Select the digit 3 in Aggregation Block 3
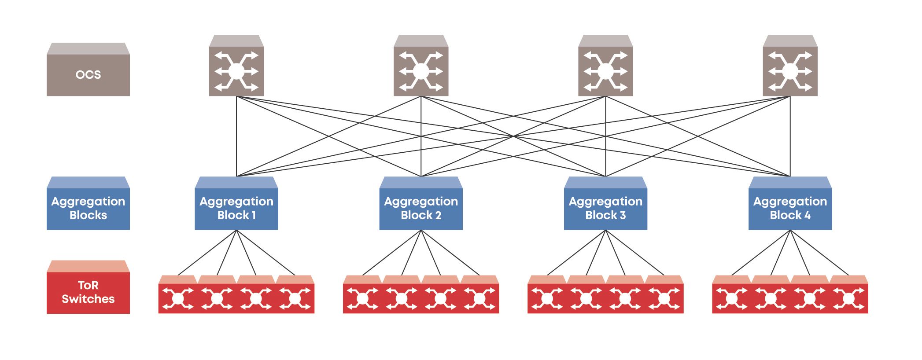tap(623, 215)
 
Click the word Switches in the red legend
tap(88, 299)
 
